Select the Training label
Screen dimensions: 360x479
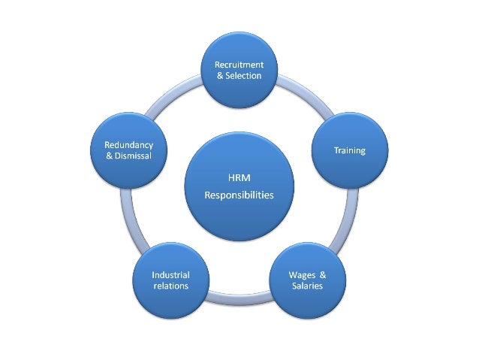click(x=349, y=150)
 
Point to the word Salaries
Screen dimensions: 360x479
click(x=307, y=286)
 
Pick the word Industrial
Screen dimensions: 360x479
click(x=170, y=275)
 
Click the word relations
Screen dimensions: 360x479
click(x=170, y=286)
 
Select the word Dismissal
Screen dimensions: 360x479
click(x=133, y=155)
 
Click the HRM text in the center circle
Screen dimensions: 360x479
click(x=239, y=178)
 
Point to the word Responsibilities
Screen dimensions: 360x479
click(x=239, y=195)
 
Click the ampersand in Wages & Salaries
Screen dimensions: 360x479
click(x=323, y=275)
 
